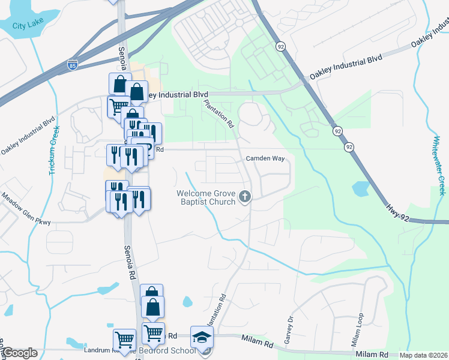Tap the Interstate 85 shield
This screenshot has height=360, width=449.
coord(73,63)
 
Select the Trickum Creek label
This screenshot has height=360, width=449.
coord(55,150)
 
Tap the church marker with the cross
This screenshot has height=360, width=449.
coord(245,196)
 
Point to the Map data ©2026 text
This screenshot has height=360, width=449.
coord(423,355)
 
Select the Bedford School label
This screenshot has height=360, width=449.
coord(171,350)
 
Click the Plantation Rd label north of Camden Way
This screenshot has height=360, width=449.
coord(218,113)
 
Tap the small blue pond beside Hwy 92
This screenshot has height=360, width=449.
coord(361,189)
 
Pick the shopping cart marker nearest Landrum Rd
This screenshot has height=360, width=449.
coord(124,339)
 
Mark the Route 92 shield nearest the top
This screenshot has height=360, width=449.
coord(280,46)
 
